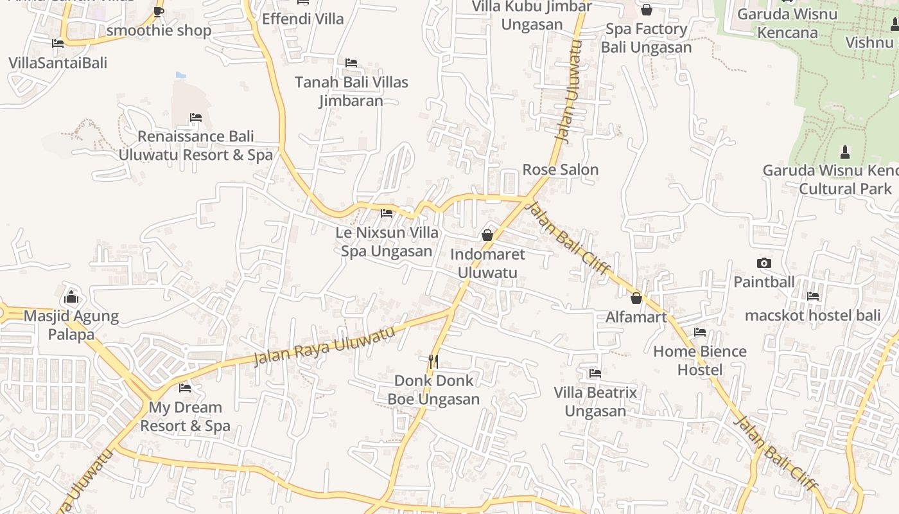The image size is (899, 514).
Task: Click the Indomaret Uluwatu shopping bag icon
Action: [487, 235]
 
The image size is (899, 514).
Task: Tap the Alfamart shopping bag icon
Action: [636, 298]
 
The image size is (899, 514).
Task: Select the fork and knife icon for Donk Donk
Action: [433, 361]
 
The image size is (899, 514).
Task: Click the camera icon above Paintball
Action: [764, 263]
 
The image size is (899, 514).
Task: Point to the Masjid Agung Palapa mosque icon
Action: [71, 297]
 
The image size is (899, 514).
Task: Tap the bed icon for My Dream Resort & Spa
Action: [185, 387]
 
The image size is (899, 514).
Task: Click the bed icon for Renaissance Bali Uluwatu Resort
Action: [196, 118]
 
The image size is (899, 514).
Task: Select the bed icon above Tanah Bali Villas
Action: [351, 63]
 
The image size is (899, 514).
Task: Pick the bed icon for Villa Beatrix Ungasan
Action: [595, 373]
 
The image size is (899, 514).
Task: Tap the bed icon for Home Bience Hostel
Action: [700, 332]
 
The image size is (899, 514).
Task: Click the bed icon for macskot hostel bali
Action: [813, 296]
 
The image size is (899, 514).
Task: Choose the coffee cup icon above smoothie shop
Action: [159, 12]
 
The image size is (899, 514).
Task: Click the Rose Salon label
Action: [560, 170]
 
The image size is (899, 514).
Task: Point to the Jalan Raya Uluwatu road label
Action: [324, 346]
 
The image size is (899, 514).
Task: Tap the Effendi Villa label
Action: [302, 19]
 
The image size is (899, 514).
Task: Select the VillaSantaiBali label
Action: [58, 63]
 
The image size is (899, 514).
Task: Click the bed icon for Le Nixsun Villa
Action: [387, 213]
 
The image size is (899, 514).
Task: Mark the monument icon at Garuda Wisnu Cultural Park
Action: [845, 152]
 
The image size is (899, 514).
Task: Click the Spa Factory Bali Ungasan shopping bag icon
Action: [647, 10]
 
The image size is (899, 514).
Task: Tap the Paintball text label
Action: [764, 281]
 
